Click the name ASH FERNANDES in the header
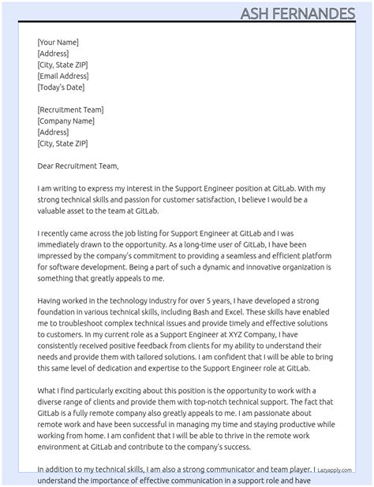click(x=308, y=13)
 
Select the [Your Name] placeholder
click(x=58, y=43)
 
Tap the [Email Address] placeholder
click(x=62, y=76)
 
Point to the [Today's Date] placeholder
click(x=61, y=87)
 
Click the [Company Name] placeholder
click(x=65, y=121)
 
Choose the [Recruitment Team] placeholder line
click(x=70, y=110)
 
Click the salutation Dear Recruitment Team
click(x=77, y=166)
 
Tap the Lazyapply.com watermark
click(x=335, y=469)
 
